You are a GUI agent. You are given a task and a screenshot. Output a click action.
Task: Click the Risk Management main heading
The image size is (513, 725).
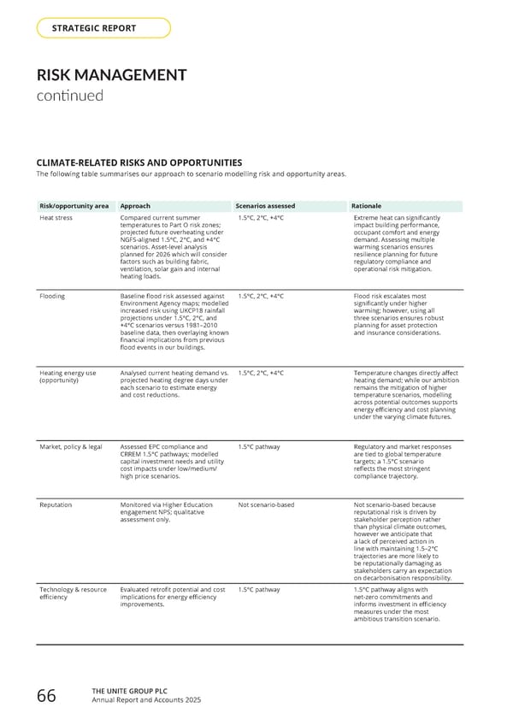(111, 75)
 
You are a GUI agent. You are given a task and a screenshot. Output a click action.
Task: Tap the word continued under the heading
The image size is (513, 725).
(69, 95)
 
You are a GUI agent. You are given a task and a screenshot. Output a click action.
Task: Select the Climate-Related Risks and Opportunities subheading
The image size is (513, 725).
(139, 162)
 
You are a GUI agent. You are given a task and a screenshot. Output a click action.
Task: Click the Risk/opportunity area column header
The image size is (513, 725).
(74, 206)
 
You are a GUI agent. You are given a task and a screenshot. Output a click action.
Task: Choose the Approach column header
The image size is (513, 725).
(136, 206)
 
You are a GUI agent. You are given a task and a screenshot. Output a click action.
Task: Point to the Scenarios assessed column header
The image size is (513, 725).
(267, 206)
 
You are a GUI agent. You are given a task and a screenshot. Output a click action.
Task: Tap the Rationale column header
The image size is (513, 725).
(368, 206)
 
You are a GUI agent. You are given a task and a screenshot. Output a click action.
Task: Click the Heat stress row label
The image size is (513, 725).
(56, 218)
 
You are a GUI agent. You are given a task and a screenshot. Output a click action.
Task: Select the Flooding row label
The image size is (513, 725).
(53, 296)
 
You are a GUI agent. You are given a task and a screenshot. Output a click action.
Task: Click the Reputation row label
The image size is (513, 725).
(56, 505)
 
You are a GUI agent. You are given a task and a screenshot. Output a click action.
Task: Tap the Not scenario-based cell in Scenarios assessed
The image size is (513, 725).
(266, 505)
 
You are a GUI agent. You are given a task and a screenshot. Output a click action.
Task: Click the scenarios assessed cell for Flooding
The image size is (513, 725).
(261, 296)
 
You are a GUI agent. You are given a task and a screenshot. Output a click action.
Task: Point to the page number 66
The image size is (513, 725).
(46, 697)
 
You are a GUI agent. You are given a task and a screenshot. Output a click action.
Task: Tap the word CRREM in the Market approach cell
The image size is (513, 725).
(132, 453)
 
